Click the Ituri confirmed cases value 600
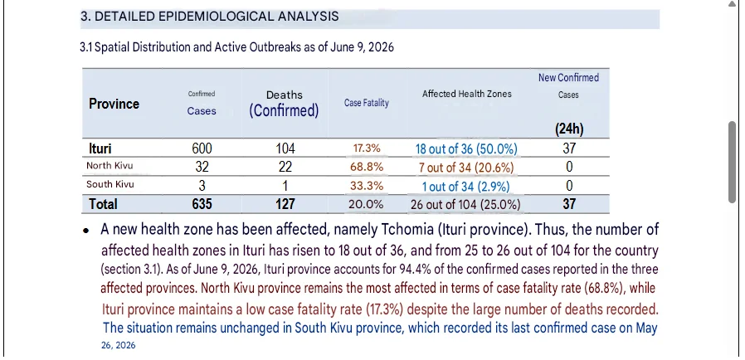[202, 148]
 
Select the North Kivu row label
[110, 166]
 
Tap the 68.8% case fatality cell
[367, 168]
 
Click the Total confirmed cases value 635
[202, 204]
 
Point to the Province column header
[114, 104]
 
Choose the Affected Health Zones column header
[466, 94]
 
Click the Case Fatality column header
[367, 103]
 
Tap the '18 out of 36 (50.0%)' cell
[466, 149]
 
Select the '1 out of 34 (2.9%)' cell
[466, 187]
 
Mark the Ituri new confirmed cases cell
[569, 148]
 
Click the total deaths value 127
[285, 204]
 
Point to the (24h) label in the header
[569, 129]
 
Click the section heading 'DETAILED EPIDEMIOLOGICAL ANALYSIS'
[217, 17]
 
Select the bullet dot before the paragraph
[86, 231]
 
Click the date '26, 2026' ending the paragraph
[119, 345]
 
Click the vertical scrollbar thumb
[733, 163]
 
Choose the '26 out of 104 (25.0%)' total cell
[465, 205]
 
